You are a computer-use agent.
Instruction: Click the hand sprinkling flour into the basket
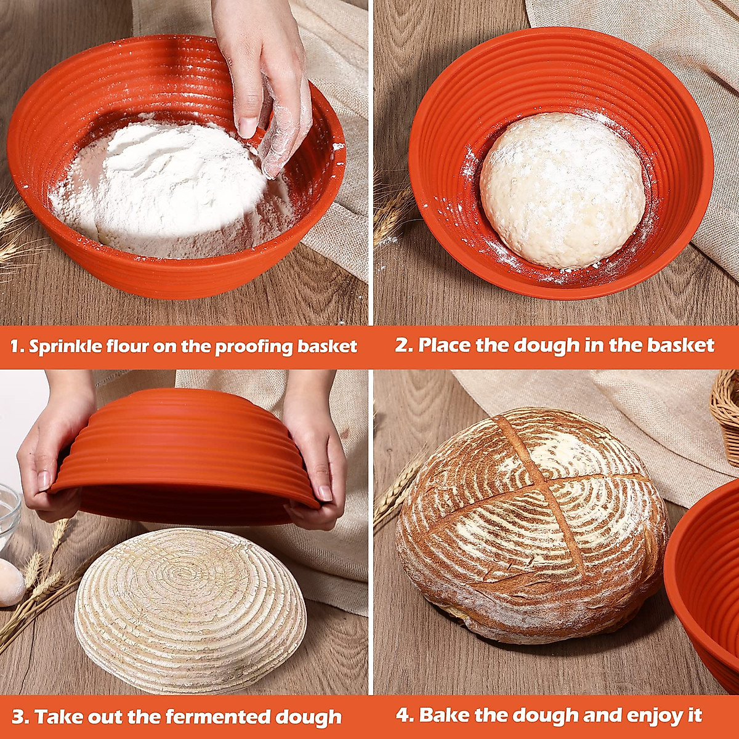[265, 80]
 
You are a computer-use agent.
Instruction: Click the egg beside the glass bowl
[10, 583]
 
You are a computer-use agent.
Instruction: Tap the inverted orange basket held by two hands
[185, 456]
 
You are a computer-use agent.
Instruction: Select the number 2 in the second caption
[403, 345]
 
